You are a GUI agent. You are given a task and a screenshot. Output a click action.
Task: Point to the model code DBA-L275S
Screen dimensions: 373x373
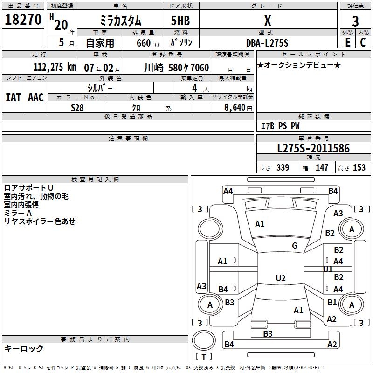tap(267, 43)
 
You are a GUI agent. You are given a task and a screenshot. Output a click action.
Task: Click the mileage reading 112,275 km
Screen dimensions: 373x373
tap(55, 67)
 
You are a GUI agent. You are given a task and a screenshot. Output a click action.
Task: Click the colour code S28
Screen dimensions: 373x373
tap(77, 107)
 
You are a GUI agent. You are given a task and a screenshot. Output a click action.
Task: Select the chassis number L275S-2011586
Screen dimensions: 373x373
tap(313, 149)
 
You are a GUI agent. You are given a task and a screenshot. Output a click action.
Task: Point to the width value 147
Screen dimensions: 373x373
tap(322, 168)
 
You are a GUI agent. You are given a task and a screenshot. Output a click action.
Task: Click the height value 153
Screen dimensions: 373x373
tap(359, 168)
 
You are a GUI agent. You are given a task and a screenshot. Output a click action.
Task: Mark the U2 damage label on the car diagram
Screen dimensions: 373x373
tap(280, 278)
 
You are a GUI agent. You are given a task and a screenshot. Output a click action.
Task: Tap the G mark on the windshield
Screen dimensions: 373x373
tap(295, 246)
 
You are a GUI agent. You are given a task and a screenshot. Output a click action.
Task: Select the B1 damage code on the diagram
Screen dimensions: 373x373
tap(332, 302)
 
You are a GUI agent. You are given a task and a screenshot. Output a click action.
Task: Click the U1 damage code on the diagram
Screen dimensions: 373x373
tap(328, 269)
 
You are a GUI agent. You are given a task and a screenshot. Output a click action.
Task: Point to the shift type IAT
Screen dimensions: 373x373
tap(13, 97)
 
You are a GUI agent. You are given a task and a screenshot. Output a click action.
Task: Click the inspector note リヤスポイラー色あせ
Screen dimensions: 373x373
tap(40, 221)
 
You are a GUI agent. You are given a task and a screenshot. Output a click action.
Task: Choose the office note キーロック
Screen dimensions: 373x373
tap(24, 349)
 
